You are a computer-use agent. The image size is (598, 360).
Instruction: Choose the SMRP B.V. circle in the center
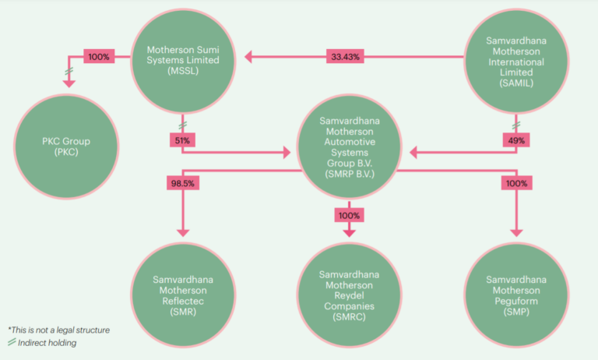point(349,147)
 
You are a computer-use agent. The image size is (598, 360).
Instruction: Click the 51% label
point(181,140)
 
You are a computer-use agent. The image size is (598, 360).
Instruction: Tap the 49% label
point(517,140)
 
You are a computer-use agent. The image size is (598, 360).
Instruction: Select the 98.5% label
point(181,183)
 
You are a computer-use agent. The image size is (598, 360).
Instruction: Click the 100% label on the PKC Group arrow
point(99,56)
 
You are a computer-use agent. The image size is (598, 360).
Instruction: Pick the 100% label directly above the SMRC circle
point(349,214)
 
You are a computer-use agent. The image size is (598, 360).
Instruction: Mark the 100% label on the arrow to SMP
point(514,183)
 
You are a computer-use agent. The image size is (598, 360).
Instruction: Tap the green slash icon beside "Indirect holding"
point(12,343)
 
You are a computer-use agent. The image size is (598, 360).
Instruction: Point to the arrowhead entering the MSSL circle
point(248,56)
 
